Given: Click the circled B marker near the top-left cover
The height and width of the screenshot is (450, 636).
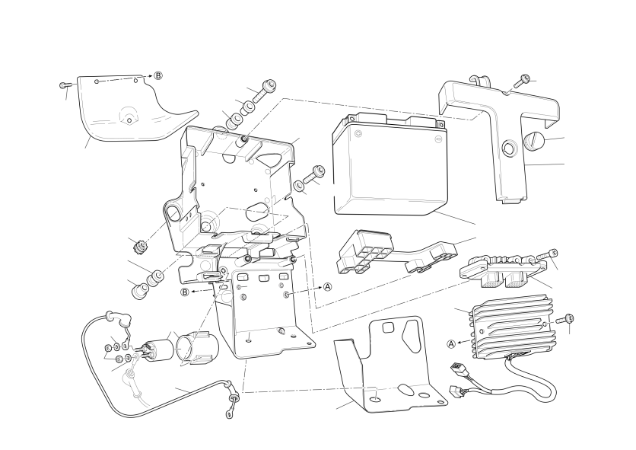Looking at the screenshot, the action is pos(158,75).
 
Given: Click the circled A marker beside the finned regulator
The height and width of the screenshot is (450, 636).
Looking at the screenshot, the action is pos(451,344).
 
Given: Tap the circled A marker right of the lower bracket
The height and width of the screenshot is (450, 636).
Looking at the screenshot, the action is pos(327,287).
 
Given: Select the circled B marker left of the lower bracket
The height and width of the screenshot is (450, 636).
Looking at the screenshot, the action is pos(185,292).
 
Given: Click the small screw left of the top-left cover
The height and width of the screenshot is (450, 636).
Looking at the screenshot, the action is pos(65,85).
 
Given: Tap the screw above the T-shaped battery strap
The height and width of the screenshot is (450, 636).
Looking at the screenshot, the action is pos(522,80).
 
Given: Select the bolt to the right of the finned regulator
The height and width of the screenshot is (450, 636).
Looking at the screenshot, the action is pos(565,319).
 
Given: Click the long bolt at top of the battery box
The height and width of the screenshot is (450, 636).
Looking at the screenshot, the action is pos(264,91).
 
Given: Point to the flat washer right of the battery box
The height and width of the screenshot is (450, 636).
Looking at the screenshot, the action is pos(298,186).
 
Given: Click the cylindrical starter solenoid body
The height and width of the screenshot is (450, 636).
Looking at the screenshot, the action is pos(157,350).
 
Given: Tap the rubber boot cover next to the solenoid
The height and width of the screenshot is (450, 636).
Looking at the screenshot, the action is pos(197,348).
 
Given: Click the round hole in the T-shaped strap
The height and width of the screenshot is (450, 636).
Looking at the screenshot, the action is pos(509,148).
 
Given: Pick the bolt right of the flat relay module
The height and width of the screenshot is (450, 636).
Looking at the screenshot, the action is pos(547,256).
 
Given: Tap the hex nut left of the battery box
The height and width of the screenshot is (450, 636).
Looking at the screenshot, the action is pos(141,247).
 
